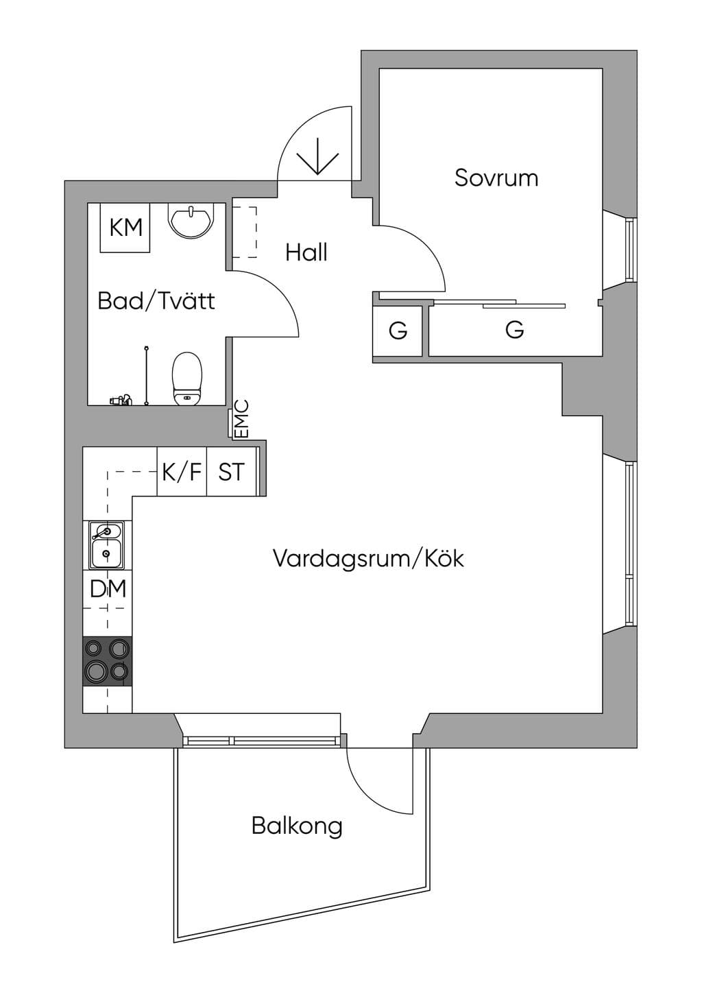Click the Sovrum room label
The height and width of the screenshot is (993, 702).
tap(496, 178)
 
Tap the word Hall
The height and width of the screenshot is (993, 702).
tap(306, 252)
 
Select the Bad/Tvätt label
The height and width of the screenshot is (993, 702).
tap(156, 302)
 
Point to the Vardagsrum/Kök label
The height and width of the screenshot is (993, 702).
tap(368, 558)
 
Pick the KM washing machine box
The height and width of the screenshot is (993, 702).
tap(125, 228)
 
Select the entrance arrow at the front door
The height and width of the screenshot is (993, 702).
tap(318, 156)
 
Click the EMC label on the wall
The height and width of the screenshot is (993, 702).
tap(241, 419)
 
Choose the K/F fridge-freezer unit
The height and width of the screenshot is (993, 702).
tap(182, 471)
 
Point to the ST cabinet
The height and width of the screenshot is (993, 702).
tap(231, 471)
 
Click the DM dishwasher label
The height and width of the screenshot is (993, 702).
tap(108, 589)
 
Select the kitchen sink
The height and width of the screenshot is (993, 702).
tap(107, 545)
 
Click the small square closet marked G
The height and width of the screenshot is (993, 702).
tap(398, 331)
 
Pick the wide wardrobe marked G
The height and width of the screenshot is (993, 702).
tap(515, 331)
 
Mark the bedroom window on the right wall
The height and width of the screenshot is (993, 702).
tap(631, 249)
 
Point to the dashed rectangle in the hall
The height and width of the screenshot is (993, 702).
tap(245, 232)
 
